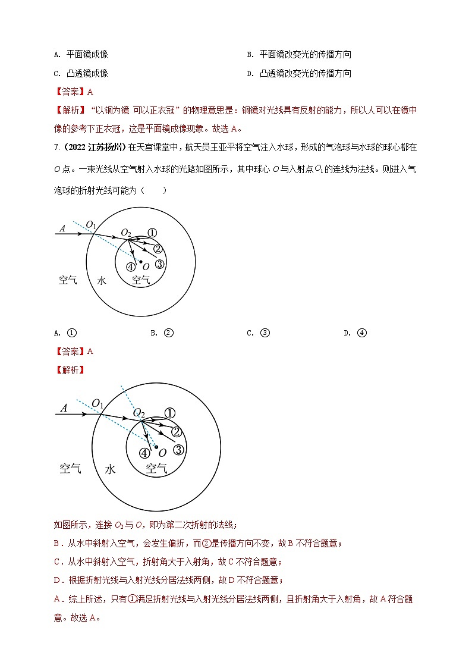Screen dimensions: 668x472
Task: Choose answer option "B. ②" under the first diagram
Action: [x=162, y=333]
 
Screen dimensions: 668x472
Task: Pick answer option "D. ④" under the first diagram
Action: [x=355, y=333]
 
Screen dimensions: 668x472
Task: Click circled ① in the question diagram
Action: [x=152, y=233]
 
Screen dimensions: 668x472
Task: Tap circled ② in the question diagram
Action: [x=158, y=249]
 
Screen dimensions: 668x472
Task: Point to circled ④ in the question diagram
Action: [x=131, y=266]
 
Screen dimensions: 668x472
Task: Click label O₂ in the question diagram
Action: [x=126, y=232]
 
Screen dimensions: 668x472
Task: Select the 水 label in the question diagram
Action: [x=102, y=280]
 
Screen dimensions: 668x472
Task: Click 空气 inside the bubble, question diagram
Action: [x=141, y=280]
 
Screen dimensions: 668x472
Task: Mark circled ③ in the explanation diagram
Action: [x=179, y=450]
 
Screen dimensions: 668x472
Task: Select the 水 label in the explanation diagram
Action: [x=110, y=469]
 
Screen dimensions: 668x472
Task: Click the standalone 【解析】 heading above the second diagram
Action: [x=70, y=370]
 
